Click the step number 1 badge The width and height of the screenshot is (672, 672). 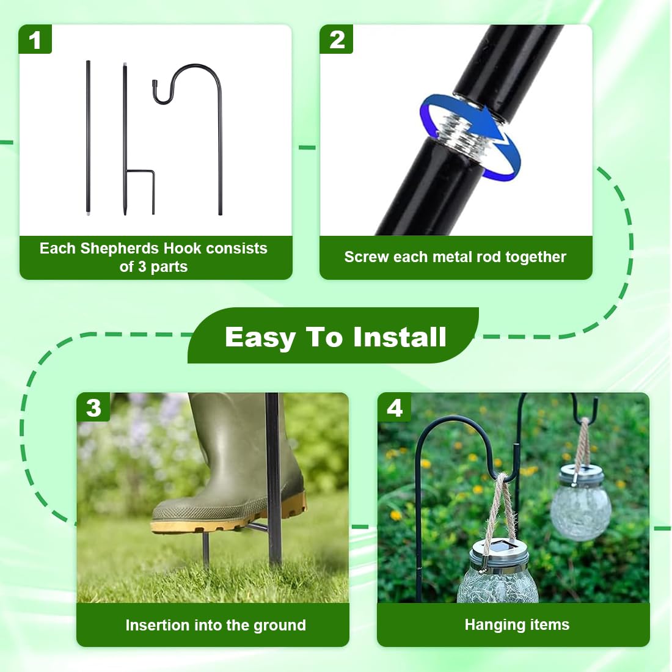pos(35,40)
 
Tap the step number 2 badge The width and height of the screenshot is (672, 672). pos(337,40)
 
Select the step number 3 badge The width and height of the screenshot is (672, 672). pos(93,407)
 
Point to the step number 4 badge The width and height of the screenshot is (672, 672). pos(394,407)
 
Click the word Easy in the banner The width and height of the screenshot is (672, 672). pos(260,338)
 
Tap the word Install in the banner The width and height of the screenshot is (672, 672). pos(400,337)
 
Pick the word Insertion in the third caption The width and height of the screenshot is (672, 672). pos(157,625)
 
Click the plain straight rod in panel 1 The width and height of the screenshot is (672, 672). pos(89,137)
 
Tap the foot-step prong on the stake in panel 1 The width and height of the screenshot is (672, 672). pos(141,172)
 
